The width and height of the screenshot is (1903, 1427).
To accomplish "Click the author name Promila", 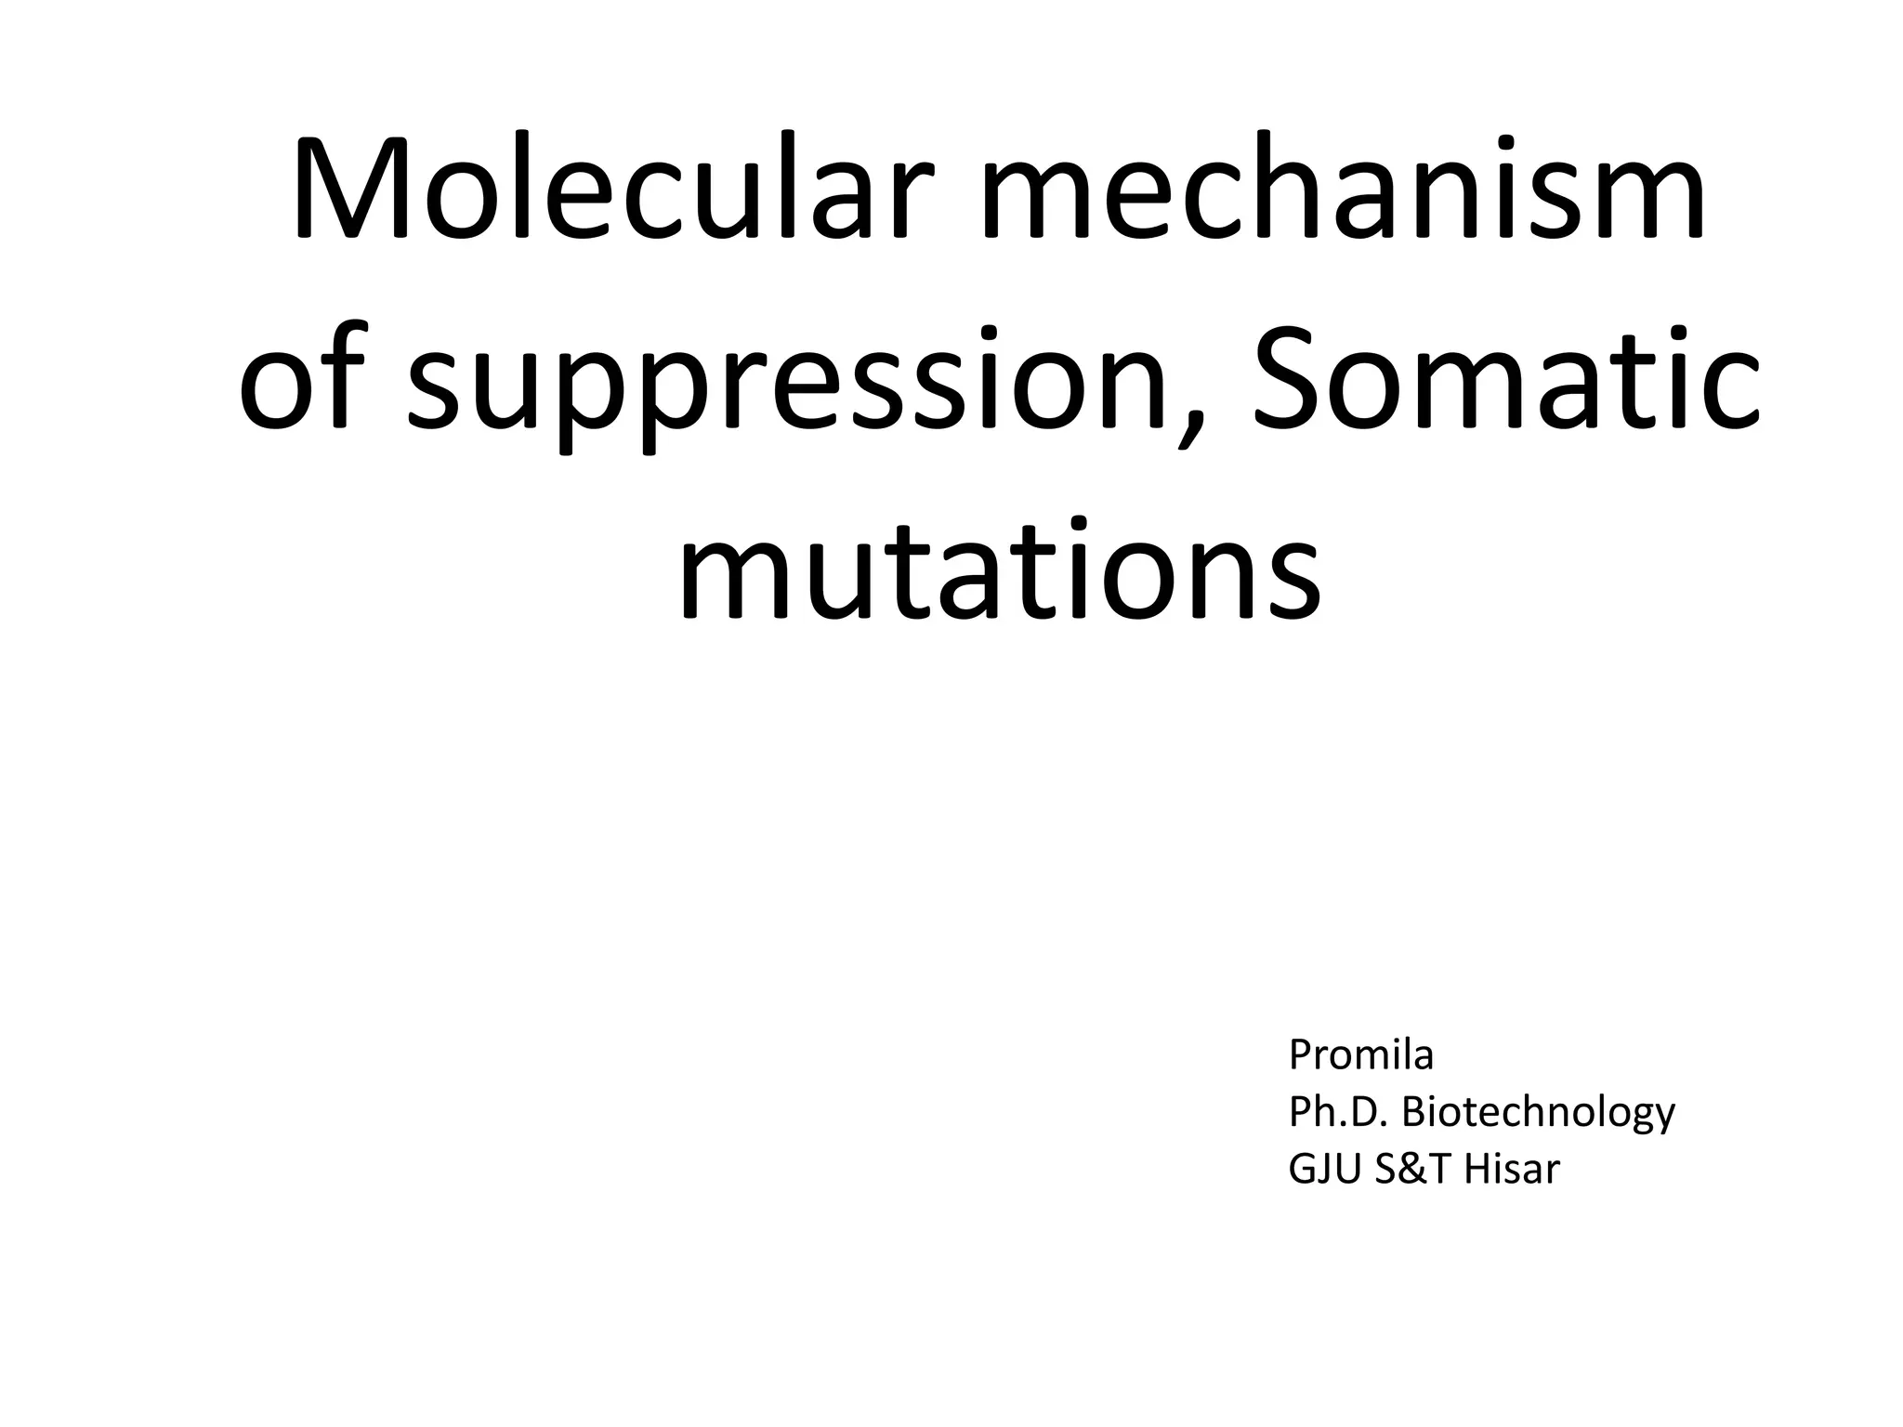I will [1360, 1055].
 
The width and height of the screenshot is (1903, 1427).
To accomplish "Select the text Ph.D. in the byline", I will [1338, 1112].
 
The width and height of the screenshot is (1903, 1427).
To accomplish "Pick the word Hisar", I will [1511, 1169].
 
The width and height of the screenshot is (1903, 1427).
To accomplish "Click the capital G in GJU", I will [1301, 1169].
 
